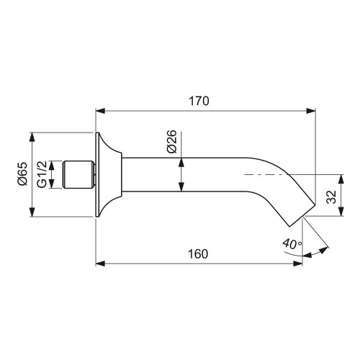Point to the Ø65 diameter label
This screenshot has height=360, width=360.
tap(22, 174)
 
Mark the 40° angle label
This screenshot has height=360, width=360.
tap(291, 244)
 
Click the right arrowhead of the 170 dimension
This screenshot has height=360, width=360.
tap(312, 111)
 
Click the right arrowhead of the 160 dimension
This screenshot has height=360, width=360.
tap(298, 264)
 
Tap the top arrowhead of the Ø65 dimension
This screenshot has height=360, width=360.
tap(32, 137)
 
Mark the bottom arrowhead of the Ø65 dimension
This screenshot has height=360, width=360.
tap(32, 213)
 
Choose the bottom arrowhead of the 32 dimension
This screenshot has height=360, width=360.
tap(338, 214)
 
